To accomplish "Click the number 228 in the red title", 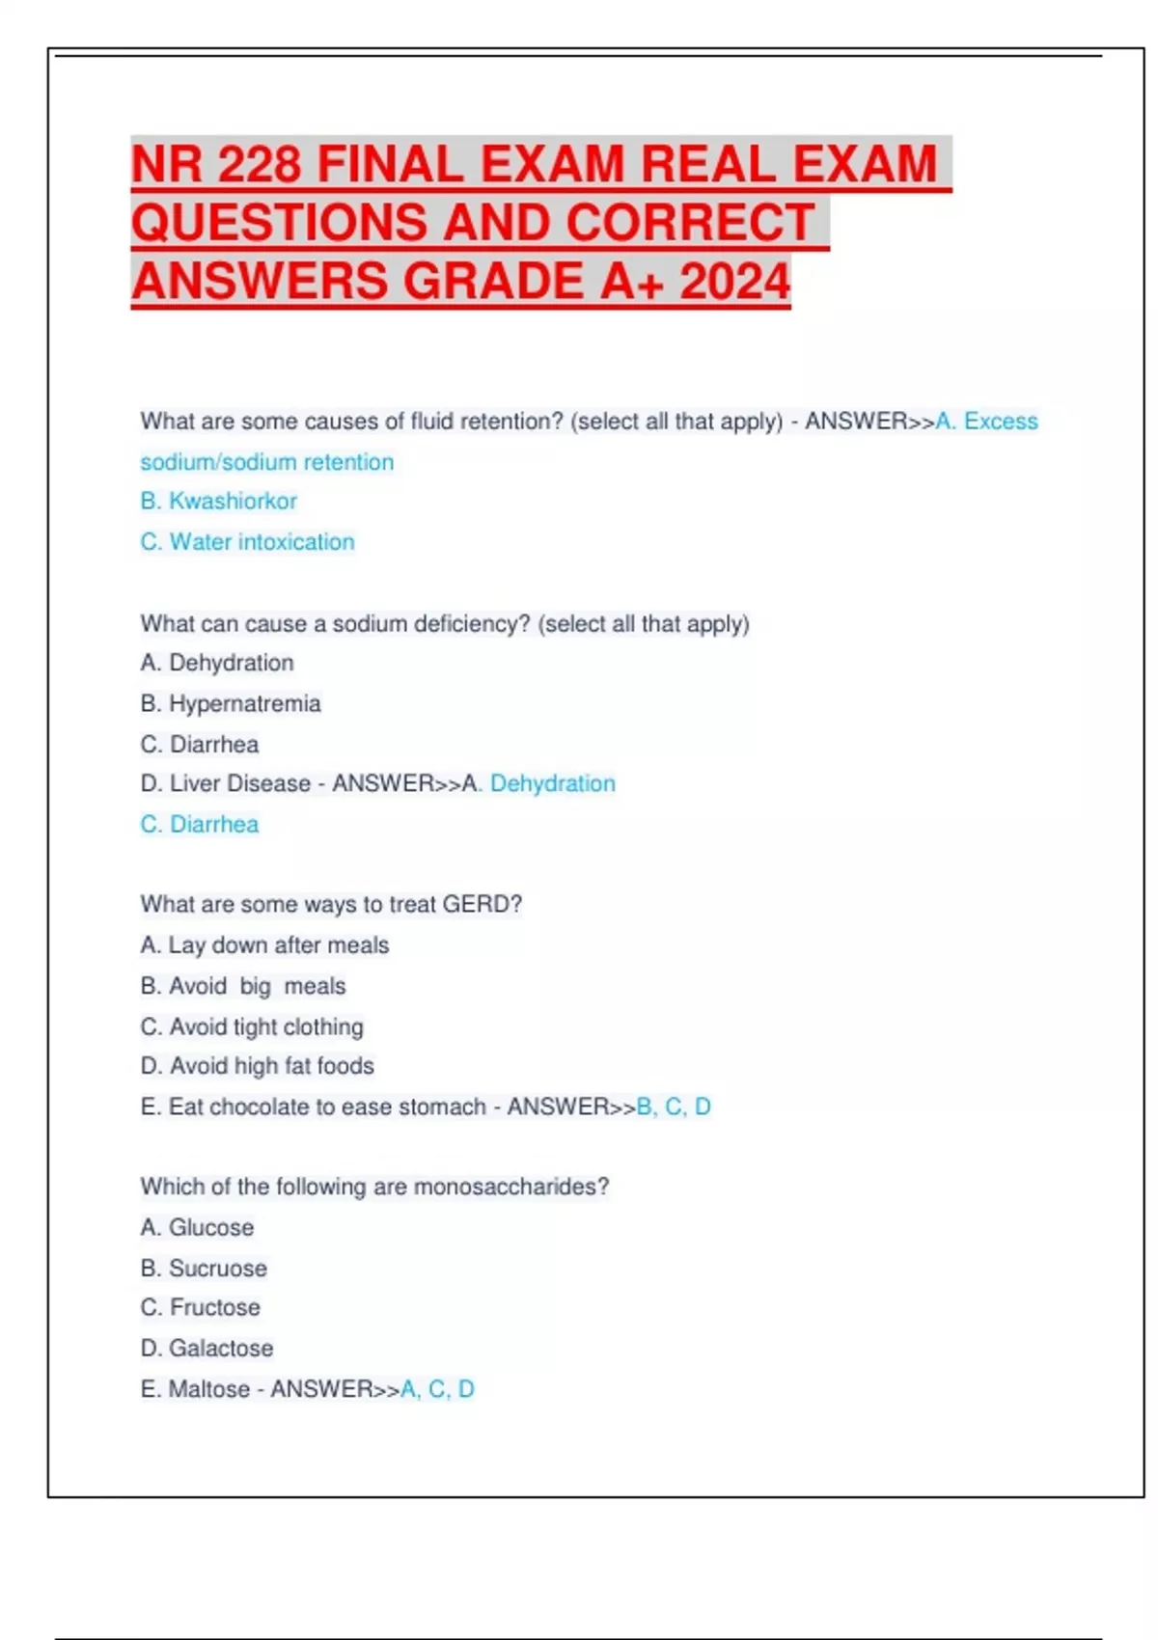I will pos(259,164).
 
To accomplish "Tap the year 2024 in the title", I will pos(735,282).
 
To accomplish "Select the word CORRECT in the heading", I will pos(690,223).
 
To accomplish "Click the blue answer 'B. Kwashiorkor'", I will pos(218,502).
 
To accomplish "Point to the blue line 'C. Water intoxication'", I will pos(247,542).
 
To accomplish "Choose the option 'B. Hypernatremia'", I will pos(230,704).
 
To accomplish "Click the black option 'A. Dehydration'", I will pos(217,664).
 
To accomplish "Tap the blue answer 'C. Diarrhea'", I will pos(199,825).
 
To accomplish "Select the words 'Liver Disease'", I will pos(240,784).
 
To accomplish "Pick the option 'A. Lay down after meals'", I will pos(264,945).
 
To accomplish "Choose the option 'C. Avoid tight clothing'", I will pos(252,1027).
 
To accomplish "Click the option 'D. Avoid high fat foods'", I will pos(257,1066).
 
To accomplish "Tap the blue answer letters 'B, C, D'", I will pos(674,1107).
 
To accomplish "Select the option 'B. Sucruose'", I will pos(204,1269).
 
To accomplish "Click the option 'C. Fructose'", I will pos(200,1308).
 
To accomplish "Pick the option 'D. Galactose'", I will pos(207,1349).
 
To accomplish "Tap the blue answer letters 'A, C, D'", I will pos(437,1389).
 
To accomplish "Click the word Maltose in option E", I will pos(208,1389).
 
